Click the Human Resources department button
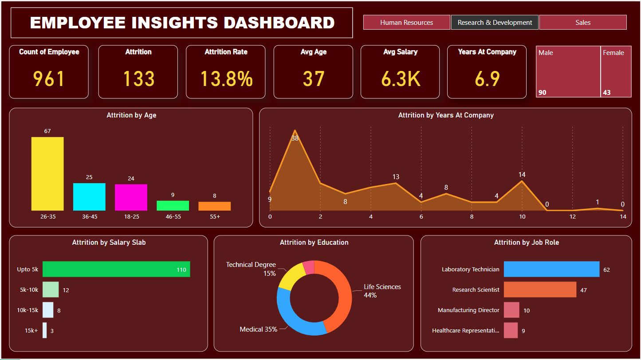(406, 23)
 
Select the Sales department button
(582, 23)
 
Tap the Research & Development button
(495, 23)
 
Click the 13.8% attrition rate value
(226, 79)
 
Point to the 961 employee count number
(49, 79)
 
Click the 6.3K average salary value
(400, 79)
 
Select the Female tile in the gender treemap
(616, 71)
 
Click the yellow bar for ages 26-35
(47, 174)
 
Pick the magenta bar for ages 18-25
(131, 197)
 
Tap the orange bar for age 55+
(214, 206)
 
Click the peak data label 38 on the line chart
(295, 138)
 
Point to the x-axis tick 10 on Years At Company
(522, 217)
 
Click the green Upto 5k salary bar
(116, 269)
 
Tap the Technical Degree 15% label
(251, 269)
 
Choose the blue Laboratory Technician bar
(551, 269)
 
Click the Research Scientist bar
(540, 290)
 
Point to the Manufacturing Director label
(468, 310)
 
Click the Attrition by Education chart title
(314, 243)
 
